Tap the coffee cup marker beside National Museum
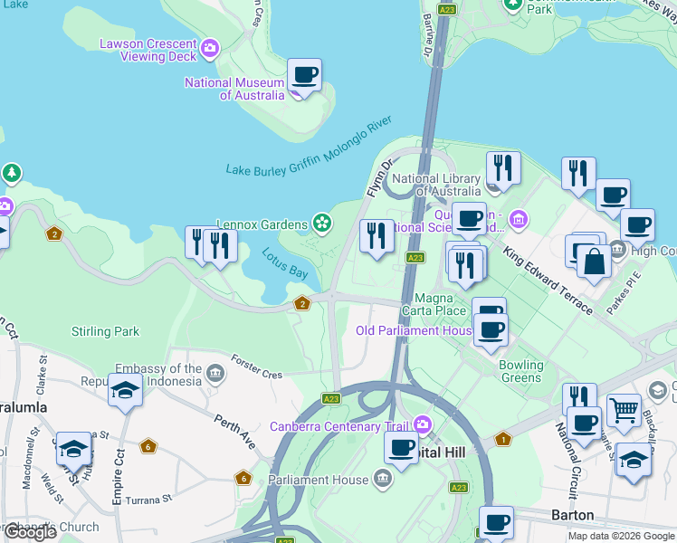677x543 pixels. point(304,75)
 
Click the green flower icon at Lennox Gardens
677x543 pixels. point(320,222)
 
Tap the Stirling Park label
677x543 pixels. point(105,331)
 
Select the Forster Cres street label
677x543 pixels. point(256,367)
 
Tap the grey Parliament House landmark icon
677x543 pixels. point(382,479)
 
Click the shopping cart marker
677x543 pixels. point(624,410)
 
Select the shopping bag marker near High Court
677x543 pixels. point(595,262)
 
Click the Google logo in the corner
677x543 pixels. point(30,532)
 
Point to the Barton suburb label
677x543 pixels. point(573,515)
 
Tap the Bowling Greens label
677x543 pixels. point(521,371)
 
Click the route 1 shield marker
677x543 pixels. point(503,439)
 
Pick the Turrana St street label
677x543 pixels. point(148,499)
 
